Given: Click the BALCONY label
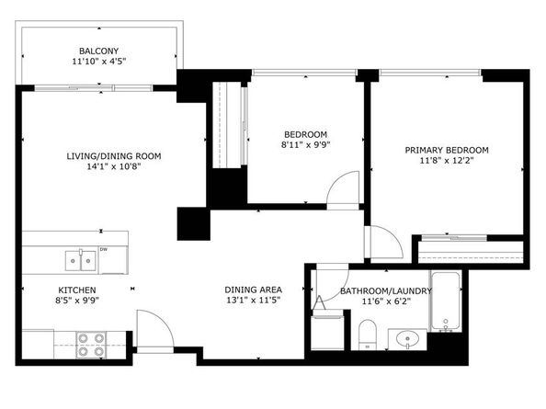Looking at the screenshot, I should (98, 51).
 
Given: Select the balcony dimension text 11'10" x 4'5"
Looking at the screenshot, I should (98, 62).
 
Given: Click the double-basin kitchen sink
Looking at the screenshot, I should (79, 262).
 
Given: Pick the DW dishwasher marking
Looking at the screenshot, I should (104, 249).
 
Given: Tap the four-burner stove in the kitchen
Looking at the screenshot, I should (90, 344).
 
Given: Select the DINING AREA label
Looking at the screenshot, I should (253, 289).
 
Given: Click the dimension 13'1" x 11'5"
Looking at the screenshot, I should (253, 301).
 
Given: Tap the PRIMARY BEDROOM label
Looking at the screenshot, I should (447, 150).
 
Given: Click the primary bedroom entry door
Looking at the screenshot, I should (383, 242).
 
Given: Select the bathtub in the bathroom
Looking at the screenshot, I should (448, 301).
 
